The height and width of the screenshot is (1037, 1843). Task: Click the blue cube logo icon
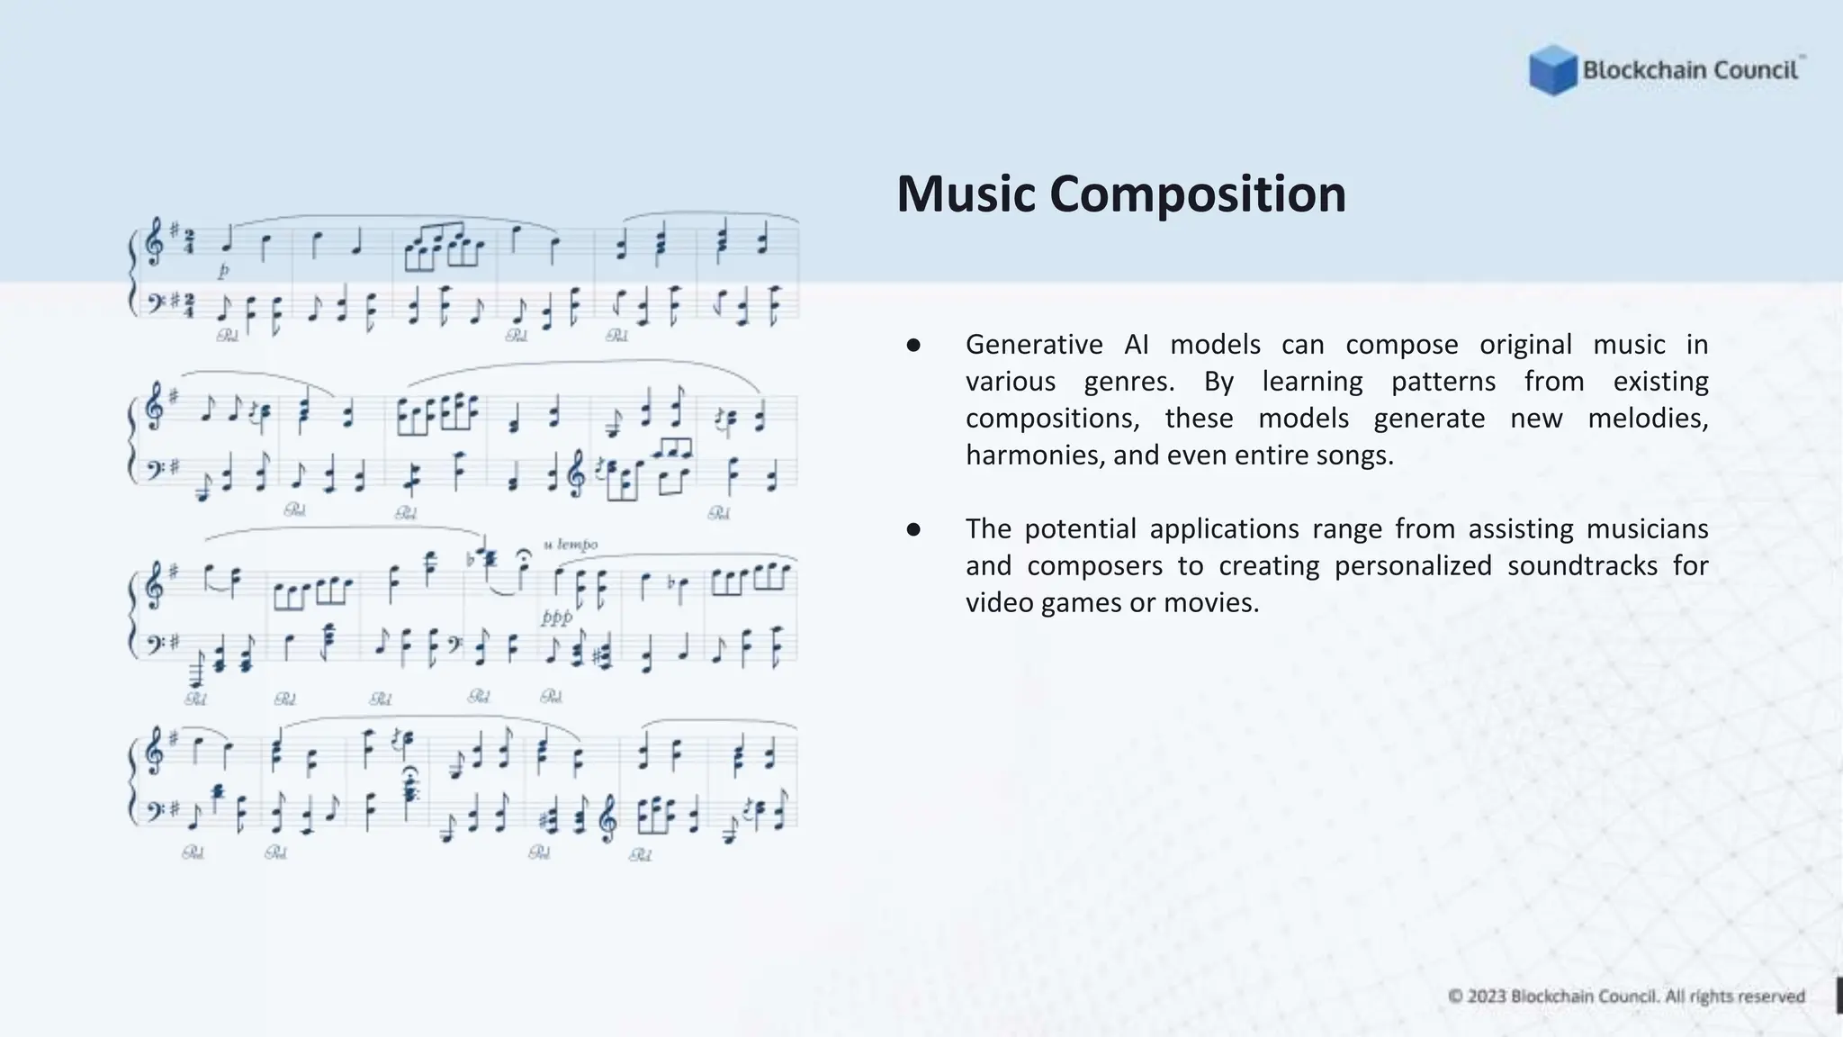(1552, 70)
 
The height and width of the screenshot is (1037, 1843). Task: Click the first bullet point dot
(913, 345)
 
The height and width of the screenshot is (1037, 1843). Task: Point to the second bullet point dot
(913, 529)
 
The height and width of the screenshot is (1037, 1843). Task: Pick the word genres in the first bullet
(1128, 382)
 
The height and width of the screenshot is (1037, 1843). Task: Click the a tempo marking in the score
(571, 545)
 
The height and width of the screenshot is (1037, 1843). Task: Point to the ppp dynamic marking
(556, 618)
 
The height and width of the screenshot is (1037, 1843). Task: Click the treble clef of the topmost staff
(155, 241)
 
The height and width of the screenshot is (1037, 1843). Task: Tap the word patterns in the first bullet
(1443, 382)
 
